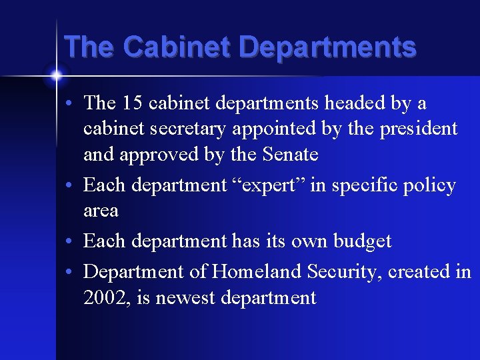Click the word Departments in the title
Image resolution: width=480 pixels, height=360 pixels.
click(327, 49)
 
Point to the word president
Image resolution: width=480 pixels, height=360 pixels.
click(417, 129)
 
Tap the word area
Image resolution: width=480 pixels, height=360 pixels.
click(101, 211)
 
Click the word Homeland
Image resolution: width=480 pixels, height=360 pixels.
click(250, 272)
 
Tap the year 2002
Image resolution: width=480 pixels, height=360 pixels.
click(107, 297)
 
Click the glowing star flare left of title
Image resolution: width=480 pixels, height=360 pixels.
click(56, 75)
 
